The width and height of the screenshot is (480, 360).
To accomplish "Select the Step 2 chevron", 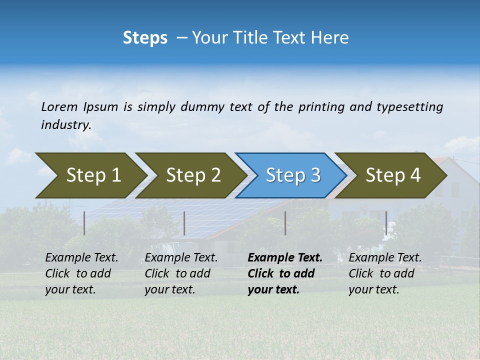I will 193,175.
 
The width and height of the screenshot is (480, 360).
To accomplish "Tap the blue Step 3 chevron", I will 293,175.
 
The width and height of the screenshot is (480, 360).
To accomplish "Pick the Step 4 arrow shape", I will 393,175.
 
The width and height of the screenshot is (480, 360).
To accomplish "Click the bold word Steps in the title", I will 145,38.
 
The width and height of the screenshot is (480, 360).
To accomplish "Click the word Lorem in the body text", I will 59,107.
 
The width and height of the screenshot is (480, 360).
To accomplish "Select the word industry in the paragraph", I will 65,125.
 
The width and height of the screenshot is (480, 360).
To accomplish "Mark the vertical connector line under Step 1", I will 84,223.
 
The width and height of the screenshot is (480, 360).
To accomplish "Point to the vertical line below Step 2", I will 184,223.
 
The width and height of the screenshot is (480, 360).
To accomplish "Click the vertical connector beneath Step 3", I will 285,223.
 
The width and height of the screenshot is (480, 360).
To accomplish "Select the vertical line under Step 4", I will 386,223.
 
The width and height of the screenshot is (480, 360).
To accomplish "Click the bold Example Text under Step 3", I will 285,258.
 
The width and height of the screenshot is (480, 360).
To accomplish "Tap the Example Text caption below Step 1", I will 81,258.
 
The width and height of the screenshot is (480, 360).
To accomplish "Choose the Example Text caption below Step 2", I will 181,258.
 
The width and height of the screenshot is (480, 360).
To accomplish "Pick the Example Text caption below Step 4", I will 385,258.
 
